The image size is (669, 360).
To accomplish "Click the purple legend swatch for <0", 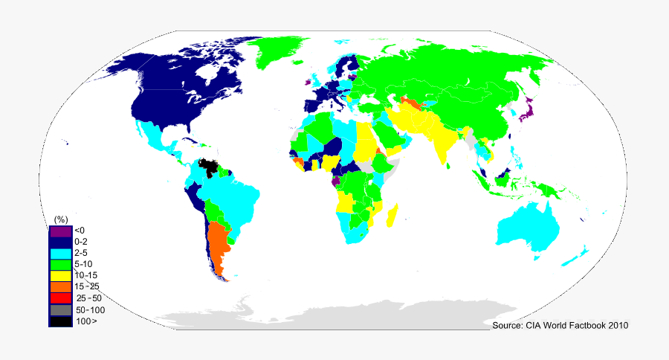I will pos(61,231).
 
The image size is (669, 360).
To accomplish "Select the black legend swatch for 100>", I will pos(61,321).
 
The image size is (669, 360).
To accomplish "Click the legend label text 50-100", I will pos(89,309).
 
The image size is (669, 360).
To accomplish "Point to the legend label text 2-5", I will pos(82,253).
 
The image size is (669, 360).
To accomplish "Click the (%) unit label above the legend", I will pos(61,219).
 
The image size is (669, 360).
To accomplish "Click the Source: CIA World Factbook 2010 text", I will pos(560,326).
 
